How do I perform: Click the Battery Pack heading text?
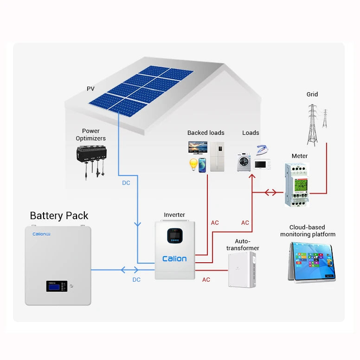click(x=59, y=215)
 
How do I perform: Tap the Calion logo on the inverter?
click(x=174, y=259)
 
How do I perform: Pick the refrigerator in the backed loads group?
click(x=217, y=156)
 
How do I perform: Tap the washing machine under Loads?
click(x=244, y=162)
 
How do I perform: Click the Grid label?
click(x=312, y=95)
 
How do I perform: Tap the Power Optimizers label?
click(x=91, y=135)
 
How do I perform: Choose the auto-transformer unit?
click(x=242, y=270)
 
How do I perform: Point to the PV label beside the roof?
click(x=90, y=88)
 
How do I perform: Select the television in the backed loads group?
click(x=197, y=148)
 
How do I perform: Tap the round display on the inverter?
click(x=174, y=237)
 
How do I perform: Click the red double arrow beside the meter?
click(x=270, y=192)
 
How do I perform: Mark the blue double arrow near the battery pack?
click(x=129, y=270)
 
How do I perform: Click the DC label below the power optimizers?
click(x=126, y=183)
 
